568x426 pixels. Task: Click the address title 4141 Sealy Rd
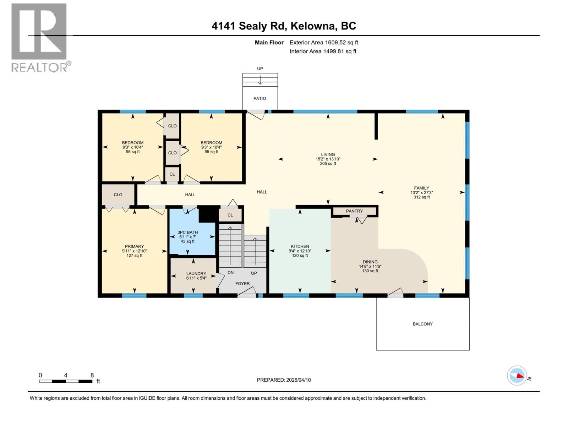[284, 26]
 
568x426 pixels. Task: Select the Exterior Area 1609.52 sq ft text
[323, 43]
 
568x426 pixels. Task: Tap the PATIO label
[260, 98]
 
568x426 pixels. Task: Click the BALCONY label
[422, 324]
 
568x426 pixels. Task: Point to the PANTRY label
[354, 211]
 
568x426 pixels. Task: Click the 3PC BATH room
[188, 237]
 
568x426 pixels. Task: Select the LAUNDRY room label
[196, 274]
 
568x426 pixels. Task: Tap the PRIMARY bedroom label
[134, 246]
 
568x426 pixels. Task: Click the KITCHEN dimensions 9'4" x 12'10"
[300, 251]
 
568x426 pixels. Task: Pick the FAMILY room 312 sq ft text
[421, 197]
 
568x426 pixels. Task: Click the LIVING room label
[328, 154]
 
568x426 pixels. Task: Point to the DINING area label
[370, 262]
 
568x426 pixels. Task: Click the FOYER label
[242, 284]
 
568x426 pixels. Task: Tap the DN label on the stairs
[231, 273]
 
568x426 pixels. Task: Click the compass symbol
[517, 376]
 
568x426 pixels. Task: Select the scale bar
[66, 381]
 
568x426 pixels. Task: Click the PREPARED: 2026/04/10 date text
[284, 380]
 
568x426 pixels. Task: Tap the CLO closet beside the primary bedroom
[118, 195]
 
